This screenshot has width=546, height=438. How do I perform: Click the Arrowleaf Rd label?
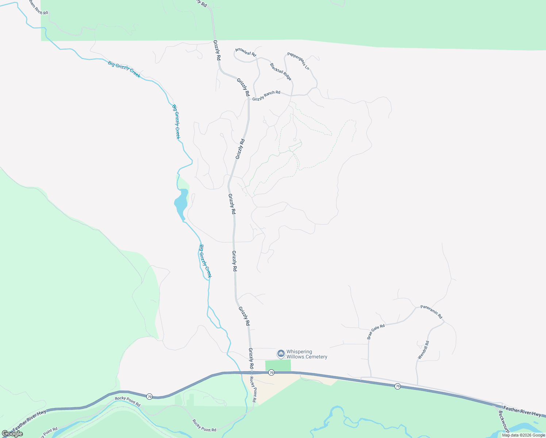(x=246, y=52)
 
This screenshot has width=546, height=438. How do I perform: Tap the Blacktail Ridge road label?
(x=281, y=72)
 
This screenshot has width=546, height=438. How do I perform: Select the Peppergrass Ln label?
(x=298, y=61)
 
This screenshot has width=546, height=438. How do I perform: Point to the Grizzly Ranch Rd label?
(x=266, y=96)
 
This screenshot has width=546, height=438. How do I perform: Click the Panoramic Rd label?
(x=431, y=312)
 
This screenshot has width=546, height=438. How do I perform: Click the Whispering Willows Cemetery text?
(x=307, y=354)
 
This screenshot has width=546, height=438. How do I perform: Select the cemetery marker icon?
(x=281, y=354)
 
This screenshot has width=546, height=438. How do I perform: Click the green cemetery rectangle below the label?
(x=278, y=365)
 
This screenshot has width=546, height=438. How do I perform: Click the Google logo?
(x=12, y=434)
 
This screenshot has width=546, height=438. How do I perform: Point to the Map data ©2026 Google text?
(x=523, y=435)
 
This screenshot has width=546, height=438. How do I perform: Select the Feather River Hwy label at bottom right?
(x=522, y=411)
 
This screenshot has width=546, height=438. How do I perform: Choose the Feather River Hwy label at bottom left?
(x=29, y=420)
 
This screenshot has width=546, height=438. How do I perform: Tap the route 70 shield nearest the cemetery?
(x=271, y=373)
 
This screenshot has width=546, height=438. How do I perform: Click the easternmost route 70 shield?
(x=397, y=386)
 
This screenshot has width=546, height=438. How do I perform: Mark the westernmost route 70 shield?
(x=149, y=396)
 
